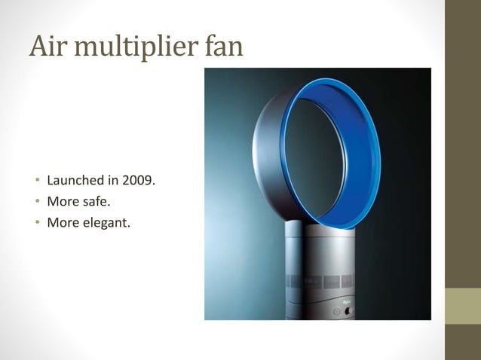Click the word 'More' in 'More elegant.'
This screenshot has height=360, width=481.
62,222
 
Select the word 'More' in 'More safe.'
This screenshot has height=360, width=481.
62,202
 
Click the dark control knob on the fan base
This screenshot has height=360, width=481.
349,310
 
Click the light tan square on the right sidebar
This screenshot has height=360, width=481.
463,305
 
